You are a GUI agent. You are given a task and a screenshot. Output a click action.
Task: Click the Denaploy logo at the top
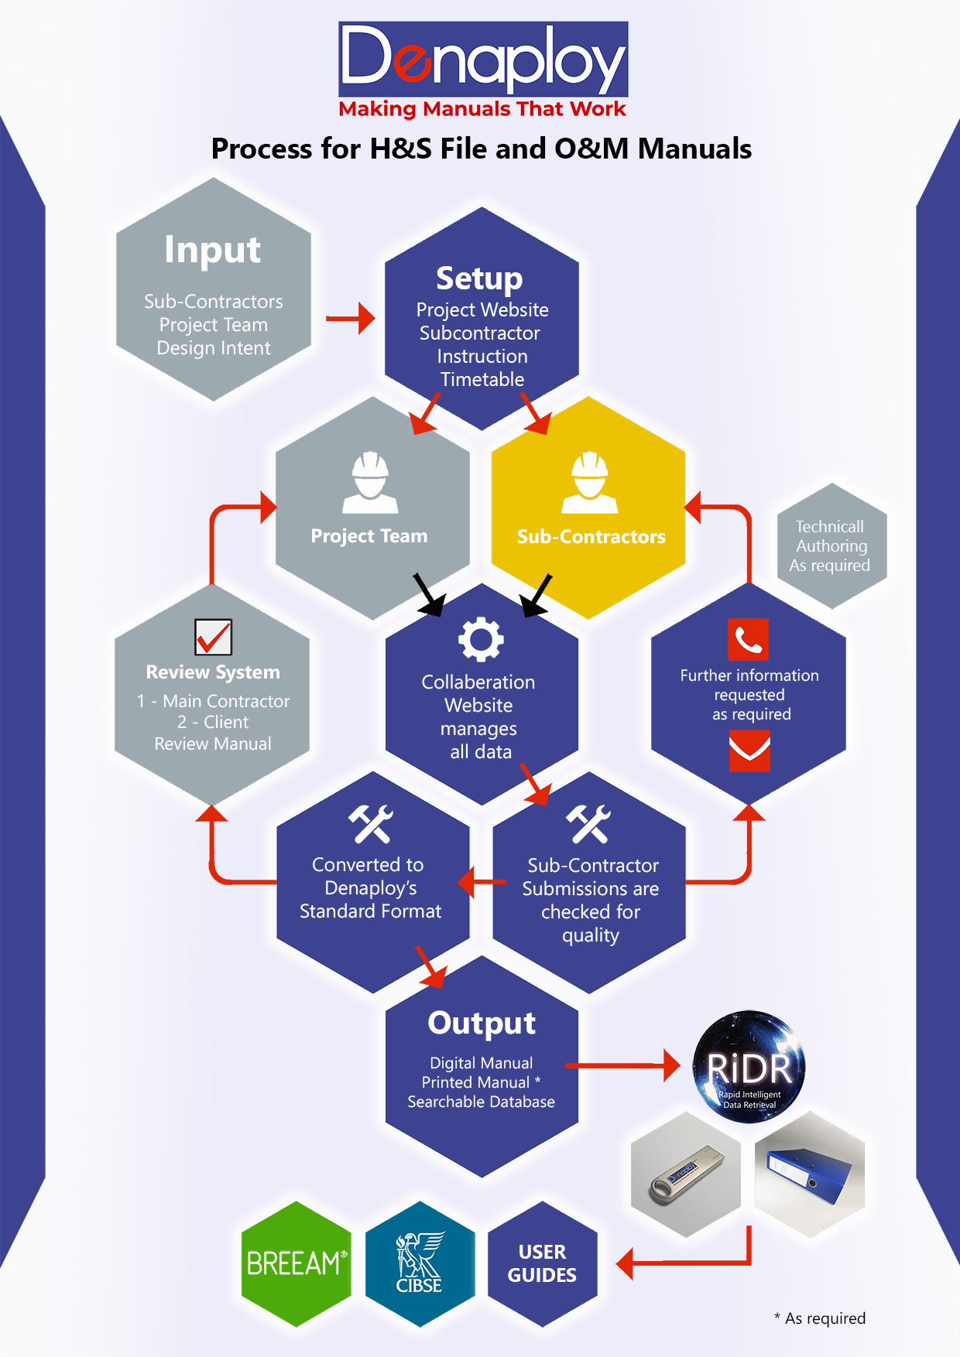[482, 58]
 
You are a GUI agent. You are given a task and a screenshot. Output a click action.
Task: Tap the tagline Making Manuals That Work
[482, 109]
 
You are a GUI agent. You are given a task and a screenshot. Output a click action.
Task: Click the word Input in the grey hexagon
[213, 250]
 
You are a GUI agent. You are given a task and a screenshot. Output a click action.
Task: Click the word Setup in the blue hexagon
[479, 279]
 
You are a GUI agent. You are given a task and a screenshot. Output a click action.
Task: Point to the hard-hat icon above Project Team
[370, 483]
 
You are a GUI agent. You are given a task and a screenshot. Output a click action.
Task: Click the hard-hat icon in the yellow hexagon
[590, 483]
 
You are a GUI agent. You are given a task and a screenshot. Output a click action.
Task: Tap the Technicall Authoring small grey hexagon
[831, 545]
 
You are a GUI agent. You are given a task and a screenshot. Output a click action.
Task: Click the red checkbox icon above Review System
[213, 637]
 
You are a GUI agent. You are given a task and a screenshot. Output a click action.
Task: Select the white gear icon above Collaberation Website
[481, 639]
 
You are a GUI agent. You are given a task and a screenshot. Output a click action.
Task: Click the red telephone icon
[748, 639]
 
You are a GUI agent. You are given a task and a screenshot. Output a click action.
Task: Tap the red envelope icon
[749, 751]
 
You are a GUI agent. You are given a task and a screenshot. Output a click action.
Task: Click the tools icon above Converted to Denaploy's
[370, 824]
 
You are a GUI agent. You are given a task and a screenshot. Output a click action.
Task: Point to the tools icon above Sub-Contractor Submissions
[588, 824]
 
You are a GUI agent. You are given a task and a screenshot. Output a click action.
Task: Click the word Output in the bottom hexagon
[482, 1023]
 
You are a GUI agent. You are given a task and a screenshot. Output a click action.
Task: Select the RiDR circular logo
[749, 1067]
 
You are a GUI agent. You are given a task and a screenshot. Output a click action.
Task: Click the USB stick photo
[686, 1174]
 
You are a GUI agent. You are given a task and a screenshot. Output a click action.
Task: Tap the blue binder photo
[809, 1174]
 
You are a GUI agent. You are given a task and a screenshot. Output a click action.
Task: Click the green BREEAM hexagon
[296, 1263]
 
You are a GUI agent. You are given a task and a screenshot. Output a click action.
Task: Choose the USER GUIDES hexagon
[542, 1263]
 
